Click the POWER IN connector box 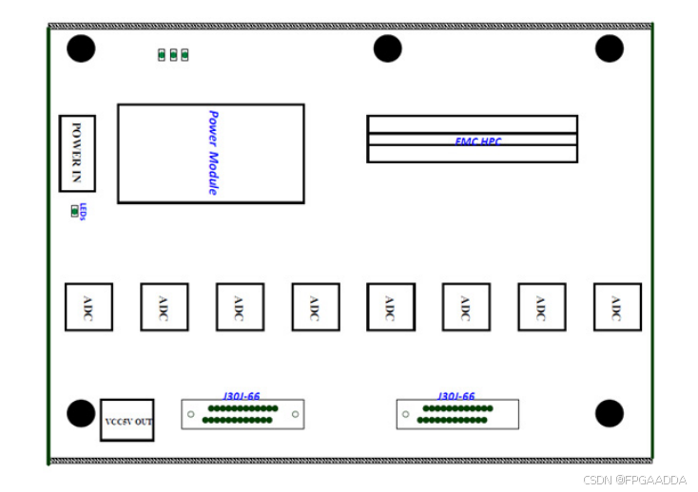[77, 153]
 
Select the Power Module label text [213, 153]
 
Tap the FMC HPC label [477, 142]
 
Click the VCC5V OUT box [127, 421]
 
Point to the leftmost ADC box [88, 307]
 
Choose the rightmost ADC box [617, 307]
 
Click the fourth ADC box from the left [315, 307]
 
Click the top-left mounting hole [81, 48]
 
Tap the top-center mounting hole [387, 48]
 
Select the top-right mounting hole [609, 48]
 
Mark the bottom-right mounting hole [609, 413]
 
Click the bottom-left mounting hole [81, 413]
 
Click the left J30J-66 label [242, 396]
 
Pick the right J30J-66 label [456, 396]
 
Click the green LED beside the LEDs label [74, 212]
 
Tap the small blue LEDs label [84, 211]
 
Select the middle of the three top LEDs [173, 54]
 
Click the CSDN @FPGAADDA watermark [634, 481]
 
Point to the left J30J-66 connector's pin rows [241, 414]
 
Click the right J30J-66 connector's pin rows [455, 414]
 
